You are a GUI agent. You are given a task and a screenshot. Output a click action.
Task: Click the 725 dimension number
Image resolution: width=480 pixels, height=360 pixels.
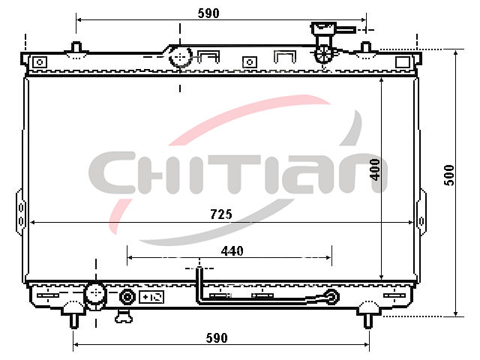point(221,214)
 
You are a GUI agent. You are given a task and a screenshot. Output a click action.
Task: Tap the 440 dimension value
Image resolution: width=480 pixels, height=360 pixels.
point(232,251)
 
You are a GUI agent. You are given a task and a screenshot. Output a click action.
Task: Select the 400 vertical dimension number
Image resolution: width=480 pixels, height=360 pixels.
point(375,169)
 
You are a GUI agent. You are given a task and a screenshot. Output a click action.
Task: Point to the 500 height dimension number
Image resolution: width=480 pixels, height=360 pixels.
point(449,175)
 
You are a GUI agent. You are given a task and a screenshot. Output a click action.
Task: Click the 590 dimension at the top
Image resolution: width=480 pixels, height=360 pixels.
point(208,13)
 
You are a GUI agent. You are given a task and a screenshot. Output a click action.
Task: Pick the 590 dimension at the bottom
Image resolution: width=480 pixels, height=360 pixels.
point(217,338)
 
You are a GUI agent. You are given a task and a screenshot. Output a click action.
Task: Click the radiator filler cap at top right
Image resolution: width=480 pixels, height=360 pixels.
point(324,28)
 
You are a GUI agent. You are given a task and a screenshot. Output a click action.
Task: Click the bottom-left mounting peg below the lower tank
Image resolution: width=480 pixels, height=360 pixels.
point(73,320)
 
